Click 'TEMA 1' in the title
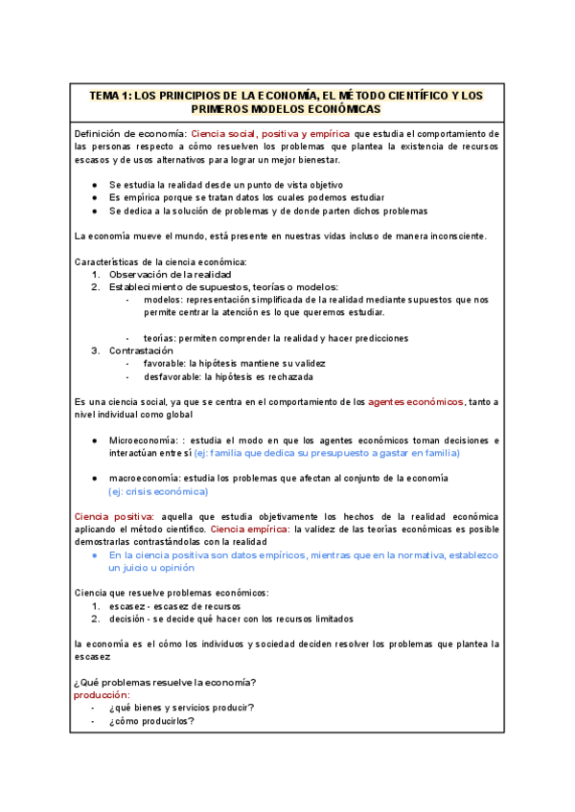[109, 96]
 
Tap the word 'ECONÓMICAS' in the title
[338, 110]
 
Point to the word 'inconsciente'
[454, 236]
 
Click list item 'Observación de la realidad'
[170, 274]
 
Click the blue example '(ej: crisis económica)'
[158, 491]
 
